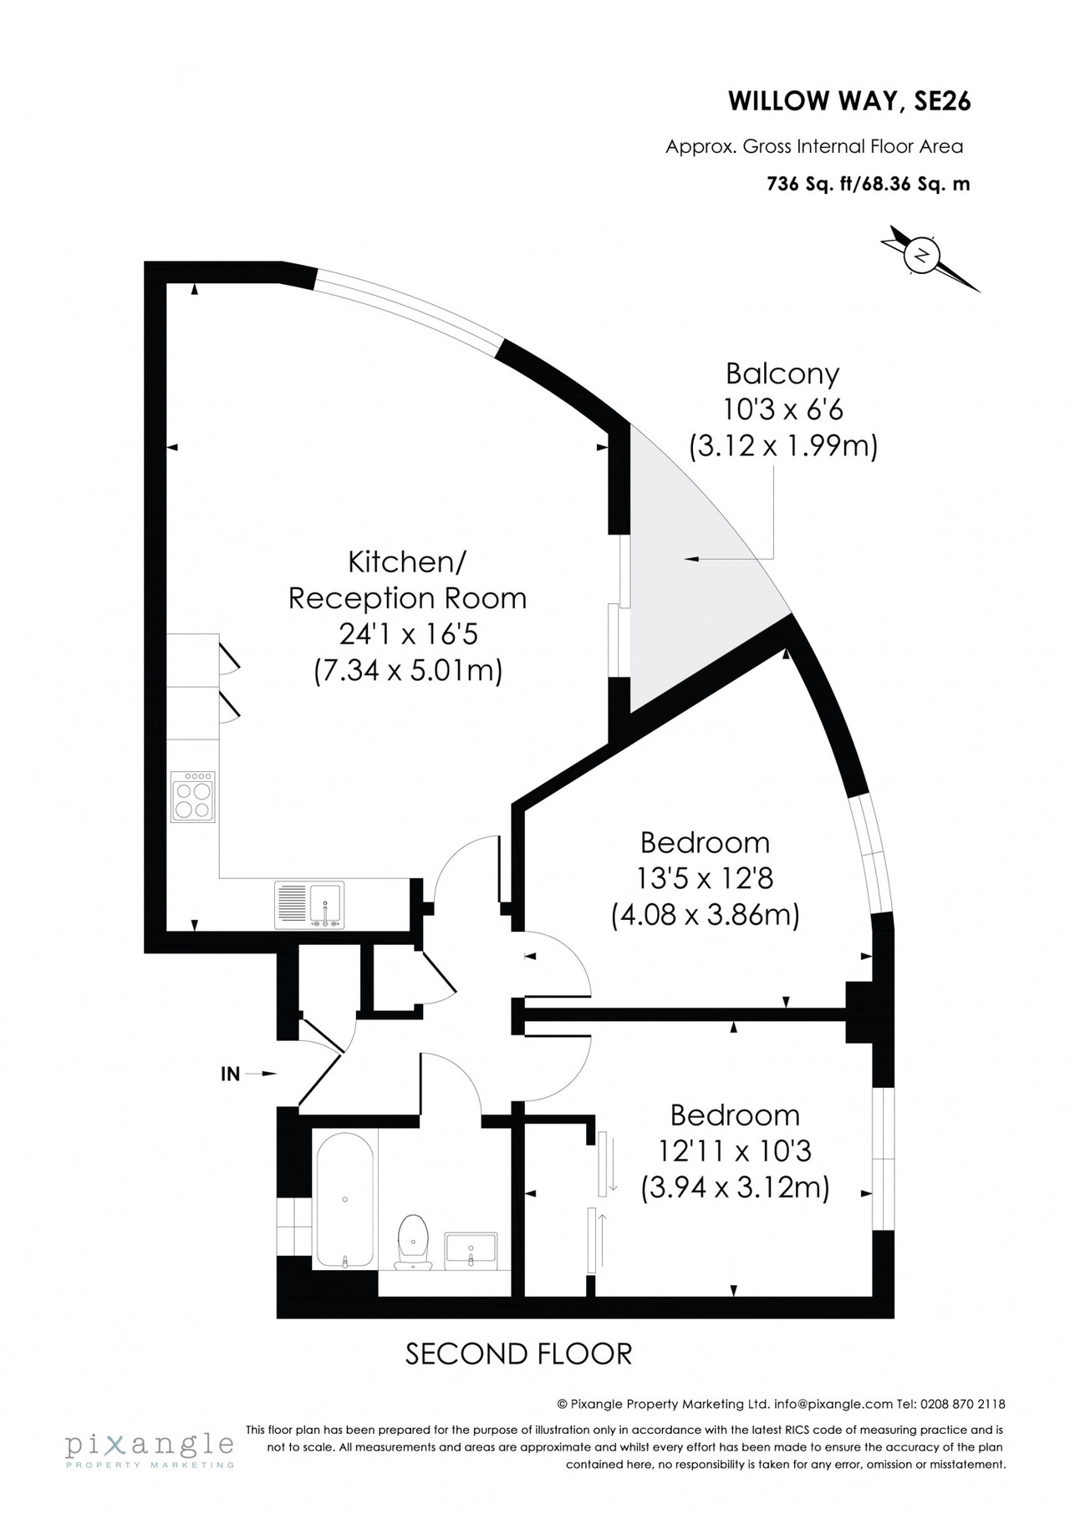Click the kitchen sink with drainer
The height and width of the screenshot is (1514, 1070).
point(308,905)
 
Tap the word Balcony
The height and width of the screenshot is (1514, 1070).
point(782,373)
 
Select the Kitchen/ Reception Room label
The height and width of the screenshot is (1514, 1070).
point(407,580)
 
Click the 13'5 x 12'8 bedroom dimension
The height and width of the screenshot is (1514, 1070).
point(705,879)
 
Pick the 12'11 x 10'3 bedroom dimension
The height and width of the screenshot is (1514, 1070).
point(735,1152)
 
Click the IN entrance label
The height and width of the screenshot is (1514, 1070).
point(230,1074)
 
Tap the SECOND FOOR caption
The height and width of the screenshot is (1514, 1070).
point(518,1353)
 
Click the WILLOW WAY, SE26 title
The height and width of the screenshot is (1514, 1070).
point(849,102)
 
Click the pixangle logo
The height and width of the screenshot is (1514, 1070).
point(150,1446)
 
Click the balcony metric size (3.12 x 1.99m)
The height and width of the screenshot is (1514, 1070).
point(783,446)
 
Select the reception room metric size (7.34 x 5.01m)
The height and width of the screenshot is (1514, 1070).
point(408,671)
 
